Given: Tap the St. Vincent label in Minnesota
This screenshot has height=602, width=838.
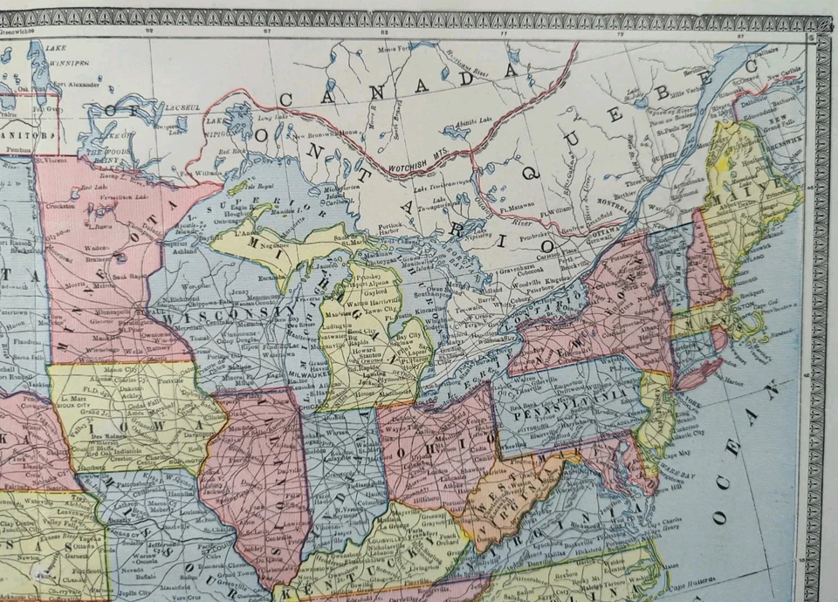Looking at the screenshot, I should [x=52, y=160].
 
